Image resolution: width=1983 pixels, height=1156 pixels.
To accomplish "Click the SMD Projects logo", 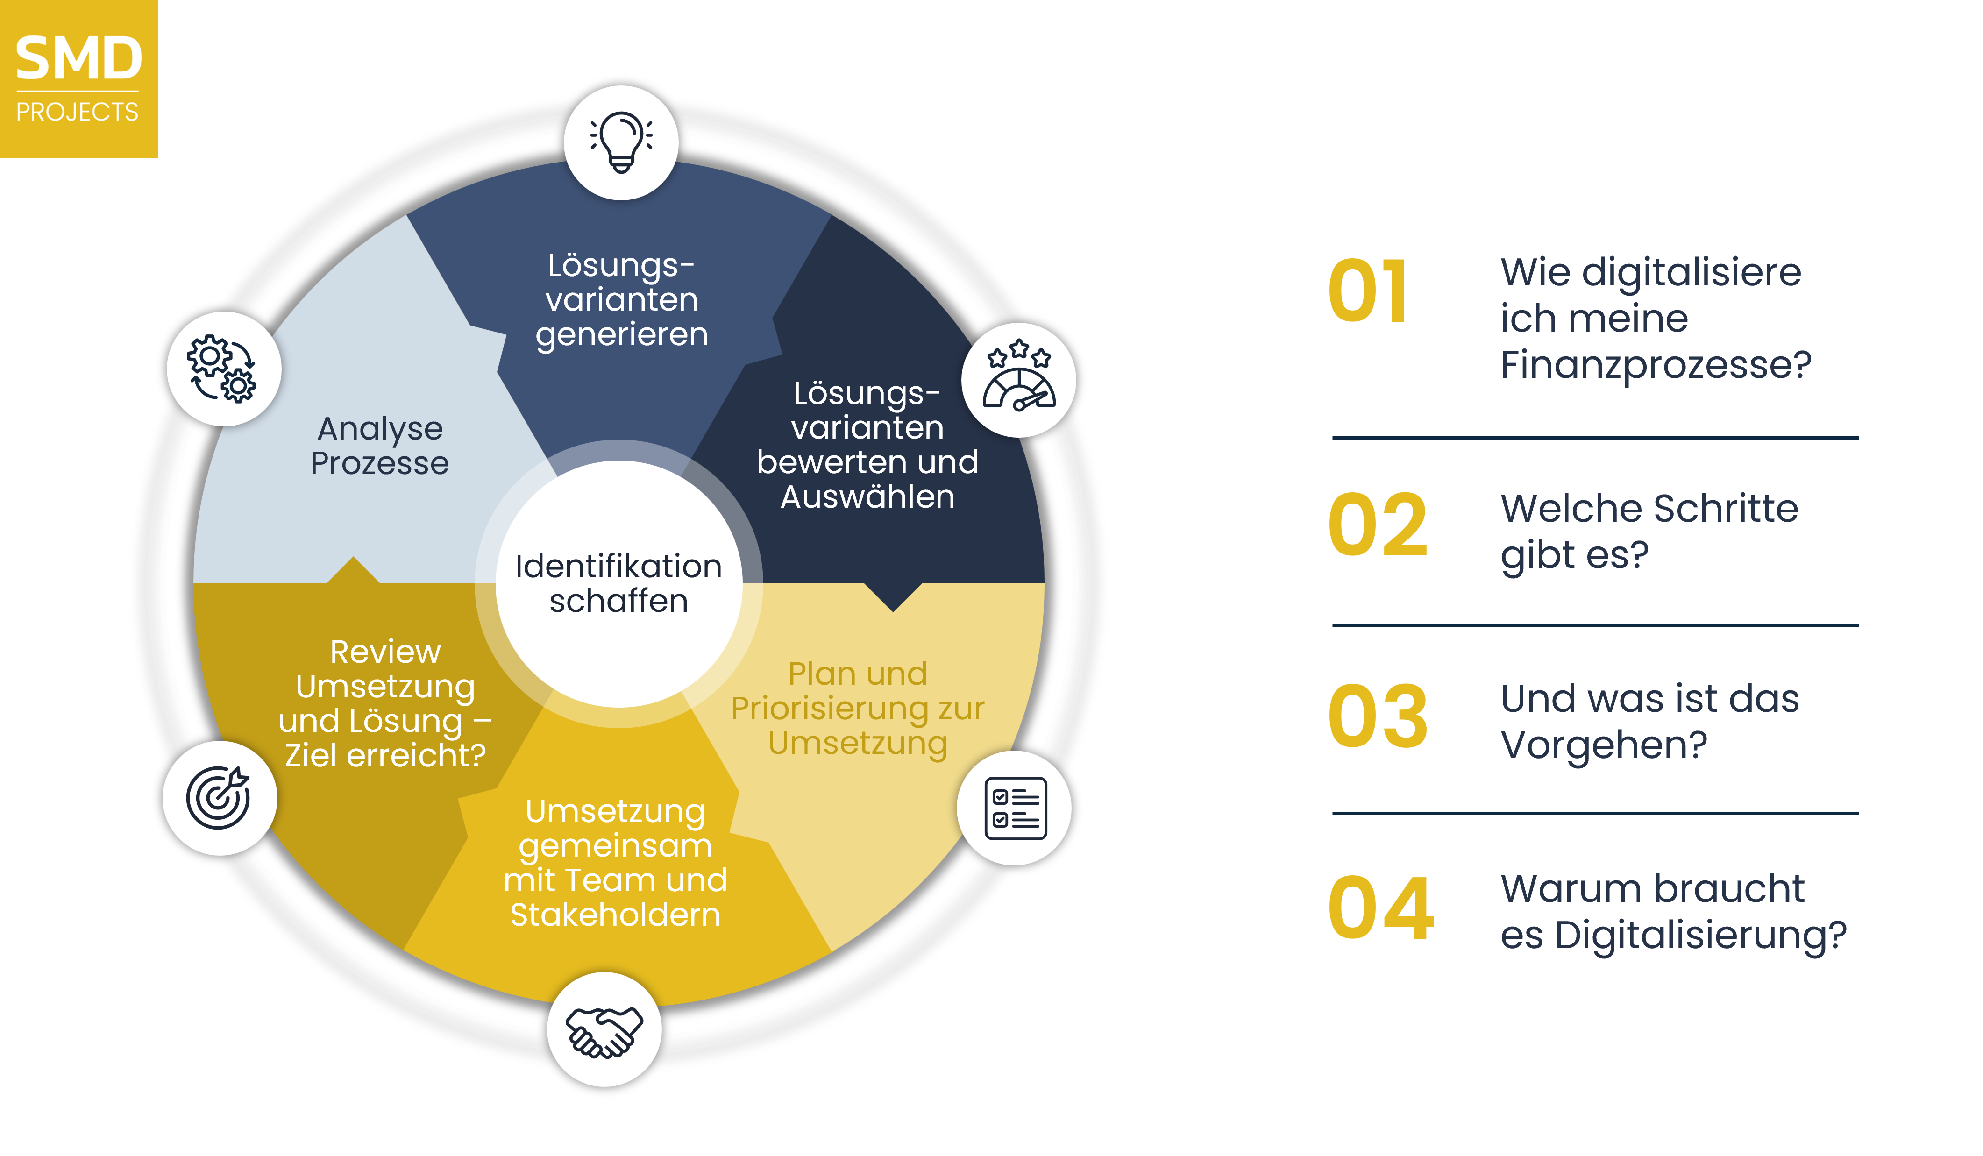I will pyautogui.click(x=78, y=78).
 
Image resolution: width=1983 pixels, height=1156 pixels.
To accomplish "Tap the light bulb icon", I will pyautogui.click(x=621, y=142).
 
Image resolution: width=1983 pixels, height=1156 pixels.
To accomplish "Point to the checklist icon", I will pyautogui.click(x=1014, y=808).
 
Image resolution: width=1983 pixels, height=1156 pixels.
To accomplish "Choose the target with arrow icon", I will pyautogui.click(x=220, y=797).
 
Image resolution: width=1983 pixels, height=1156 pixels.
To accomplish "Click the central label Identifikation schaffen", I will pyautogui.click(x=618, y=583).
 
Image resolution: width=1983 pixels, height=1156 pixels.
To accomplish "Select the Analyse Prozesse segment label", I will pyautogui.click(x=380, y=446).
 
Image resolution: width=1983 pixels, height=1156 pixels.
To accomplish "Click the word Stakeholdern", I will pyautogui.click(x=615, y=915).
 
